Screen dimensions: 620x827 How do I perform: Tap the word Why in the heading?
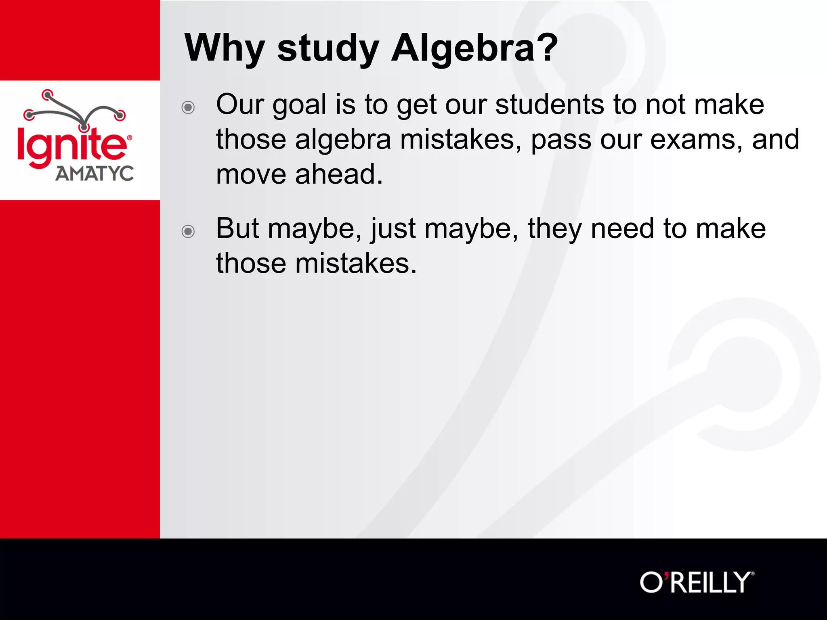point(225,48)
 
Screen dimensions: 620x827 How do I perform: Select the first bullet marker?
point(188,107)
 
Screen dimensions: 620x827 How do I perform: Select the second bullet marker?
point(188,231)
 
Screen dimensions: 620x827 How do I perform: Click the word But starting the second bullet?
point(237,229)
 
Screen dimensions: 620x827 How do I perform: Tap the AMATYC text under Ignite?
point(94,174)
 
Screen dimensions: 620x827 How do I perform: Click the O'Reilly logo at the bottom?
point(697,582)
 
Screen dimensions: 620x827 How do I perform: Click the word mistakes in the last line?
point(355,264)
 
